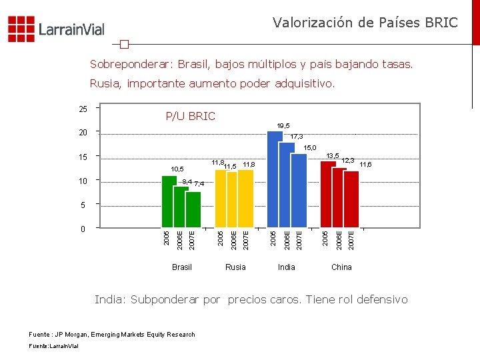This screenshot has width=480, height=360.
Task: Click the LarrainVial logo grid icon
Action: coord(21,29)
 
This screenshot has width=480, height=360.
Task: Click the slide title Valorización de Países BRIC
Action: coord(365,23)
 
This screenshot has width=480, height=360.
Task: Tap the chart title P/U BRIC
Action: coord(190,117)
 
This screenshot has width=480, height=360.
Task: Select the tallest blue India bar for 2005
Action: coord(275,180)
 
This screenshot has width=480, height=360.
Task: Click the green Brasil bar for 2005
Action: coord(169,202)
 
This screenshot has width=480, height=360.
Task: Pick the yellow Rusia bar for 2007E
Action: coord(245,199)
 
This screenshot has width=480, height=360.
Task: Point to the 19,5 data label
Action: coord(283,125)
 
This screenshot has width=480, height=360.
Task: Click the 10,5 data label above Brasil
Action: coord(177,169)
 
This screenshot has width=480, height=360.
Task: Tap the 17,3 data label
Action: coord(297,136)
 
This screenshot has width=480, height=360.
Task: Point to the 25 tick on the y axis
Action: coord(83,108)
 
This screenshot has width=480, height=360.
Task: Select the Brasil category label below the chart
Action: coord(181,267)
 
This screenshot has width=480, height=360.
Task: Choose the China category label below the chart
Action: coord(341,267)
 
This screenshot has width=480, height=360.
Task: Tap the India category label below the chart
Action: coord(287,267)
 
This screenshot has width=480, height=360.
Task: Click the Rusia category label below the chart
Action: coord(235,267)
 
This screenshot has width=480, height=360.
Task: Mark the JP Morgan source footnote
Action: coord(112,334)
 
